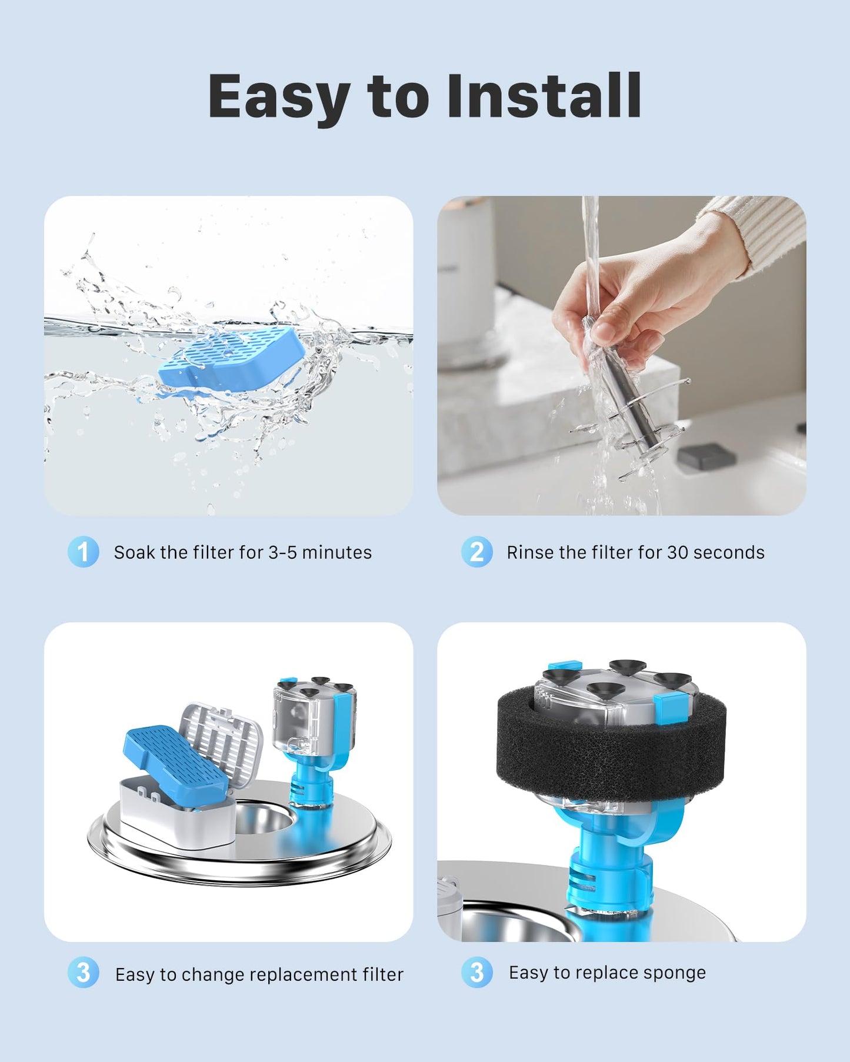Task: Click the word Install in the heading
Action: point(544,96)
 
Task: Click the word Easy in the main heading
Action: point(279,97)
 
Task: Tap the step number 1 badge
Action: point(83,552)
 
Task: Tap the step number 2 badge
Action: point(476,552)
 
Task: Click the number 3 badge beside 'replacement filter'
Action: point(83,973)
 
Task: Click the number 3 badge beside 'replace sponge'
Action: point(476,972)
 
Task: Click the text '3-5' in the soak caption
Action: point(282,553)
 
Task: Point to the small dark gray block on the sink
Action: point(706,455)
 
